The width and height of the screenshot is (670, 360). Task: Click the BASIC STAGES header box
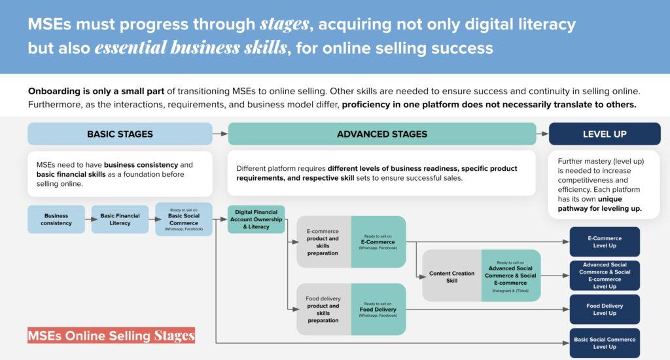(120, 134)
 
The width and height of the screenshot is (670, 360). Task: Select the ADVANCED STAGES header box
(382, 134)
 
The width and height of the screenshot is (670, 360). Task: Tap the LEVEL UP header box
(605, 134)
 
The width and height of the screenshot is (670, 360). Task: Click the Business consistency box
(56, 219)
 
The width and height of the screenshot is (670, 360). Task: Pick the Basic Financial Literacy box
(120, 219)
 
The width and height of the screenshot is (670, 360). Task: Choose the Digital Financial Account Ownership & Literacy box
(256, 219)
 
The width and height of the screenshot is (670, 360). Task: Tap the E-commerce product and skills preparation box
(324, 242)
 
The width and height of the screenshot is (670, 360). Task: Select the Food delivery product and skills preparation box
(324, 309)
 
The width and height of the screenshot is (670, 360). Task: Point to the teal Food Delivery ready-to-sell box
(379, 309)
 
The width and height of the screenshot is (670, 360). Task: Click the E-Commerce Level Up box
(605, 242)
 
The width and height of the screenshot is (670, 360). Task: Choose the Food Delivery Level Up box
(605, 309)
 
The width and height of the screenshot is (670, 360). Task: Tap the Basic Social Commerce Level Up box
(605, 343)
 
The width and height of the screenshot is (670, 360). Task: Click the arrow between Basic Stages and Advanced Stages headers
(220, 134)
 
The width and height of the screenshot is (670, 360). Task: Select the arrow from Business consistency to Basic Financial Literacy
(88, 219)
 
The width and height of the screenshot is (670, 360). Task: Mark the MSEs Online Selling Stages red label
(111, 336)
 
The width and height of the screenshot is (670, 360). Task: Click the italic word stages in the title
(285, 24)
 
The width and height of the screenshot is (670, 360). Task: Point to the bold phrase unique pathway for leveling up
(600, 204)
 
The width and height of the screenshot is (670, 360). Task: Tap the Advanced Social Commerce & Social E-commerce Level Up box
(605, 276)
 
